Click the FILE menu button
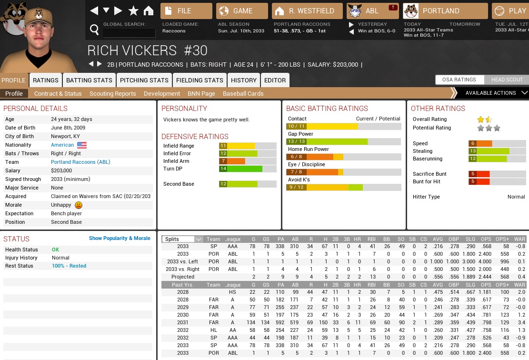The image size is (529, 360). coord(186,11)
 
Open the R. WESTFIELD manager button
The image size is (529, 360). coord(307,11)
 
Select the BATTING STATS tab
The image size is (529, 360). coord(89,80)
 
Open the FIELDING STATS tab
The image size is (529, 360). coord(200,80)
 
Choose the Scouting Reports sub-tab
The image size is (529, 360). coord(112,94)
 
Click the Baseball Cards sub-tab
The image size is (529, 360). coord(243,94)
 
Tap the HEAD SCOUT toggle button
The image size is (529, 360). coord(507,80)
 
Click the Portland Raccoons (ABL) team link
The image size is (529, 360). coord(80,162)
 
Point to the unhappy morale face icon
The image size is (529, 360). coord(79,205)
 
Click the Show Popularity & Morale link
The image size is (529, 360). coord(120,238)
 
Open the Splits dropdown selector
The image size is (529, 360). coord(182,239)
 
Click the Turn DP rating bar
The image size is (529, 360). coord(248,169)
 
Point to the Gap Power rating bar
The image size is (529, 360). coord(343,141)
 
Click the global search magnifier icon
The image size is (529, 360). coord(94,30)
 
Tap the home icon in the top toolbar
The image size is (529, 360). coord(149,10)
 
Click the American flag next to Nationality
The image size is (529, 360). coord(82,145)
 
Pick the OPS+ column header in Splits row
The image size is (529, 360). coord(502,239)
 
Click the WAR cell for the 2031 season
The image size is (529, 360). coord(520,322)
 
